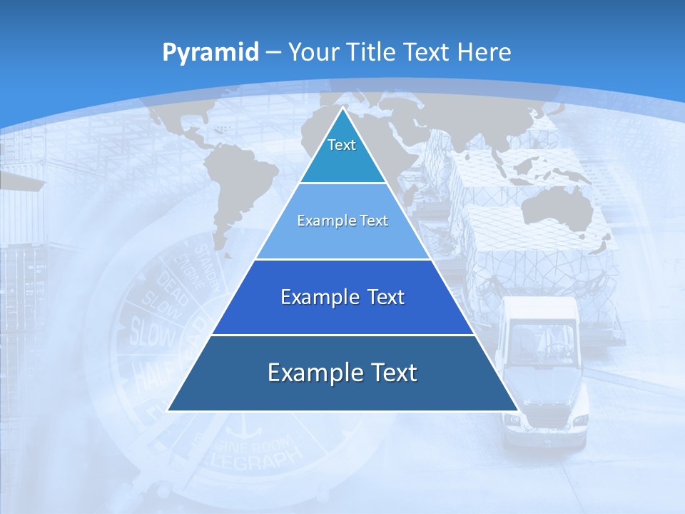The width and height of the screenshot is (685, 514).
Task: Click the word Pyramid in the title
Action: tap(210, 52)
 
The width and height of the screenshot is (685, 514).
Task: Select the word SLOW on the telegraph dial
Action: tap(151, 331)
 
